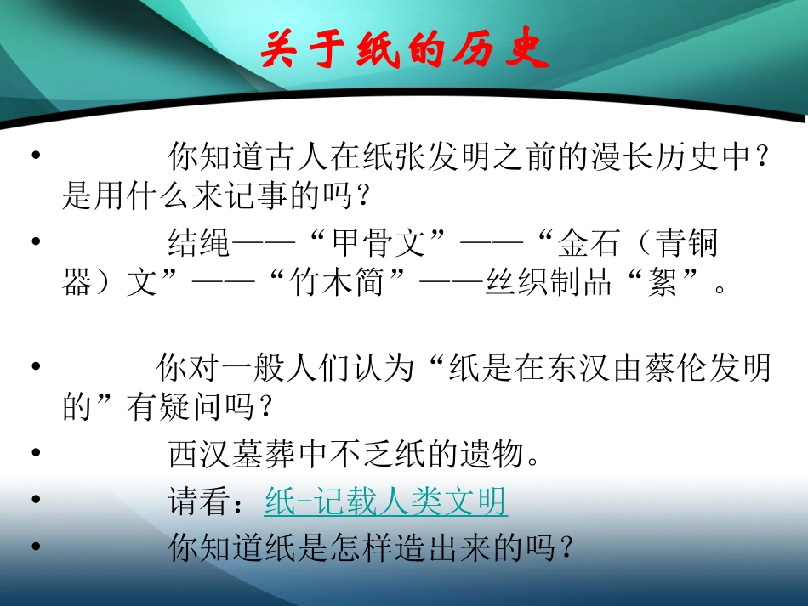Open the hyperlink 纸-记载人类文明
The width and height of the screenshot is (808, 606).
385,502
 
